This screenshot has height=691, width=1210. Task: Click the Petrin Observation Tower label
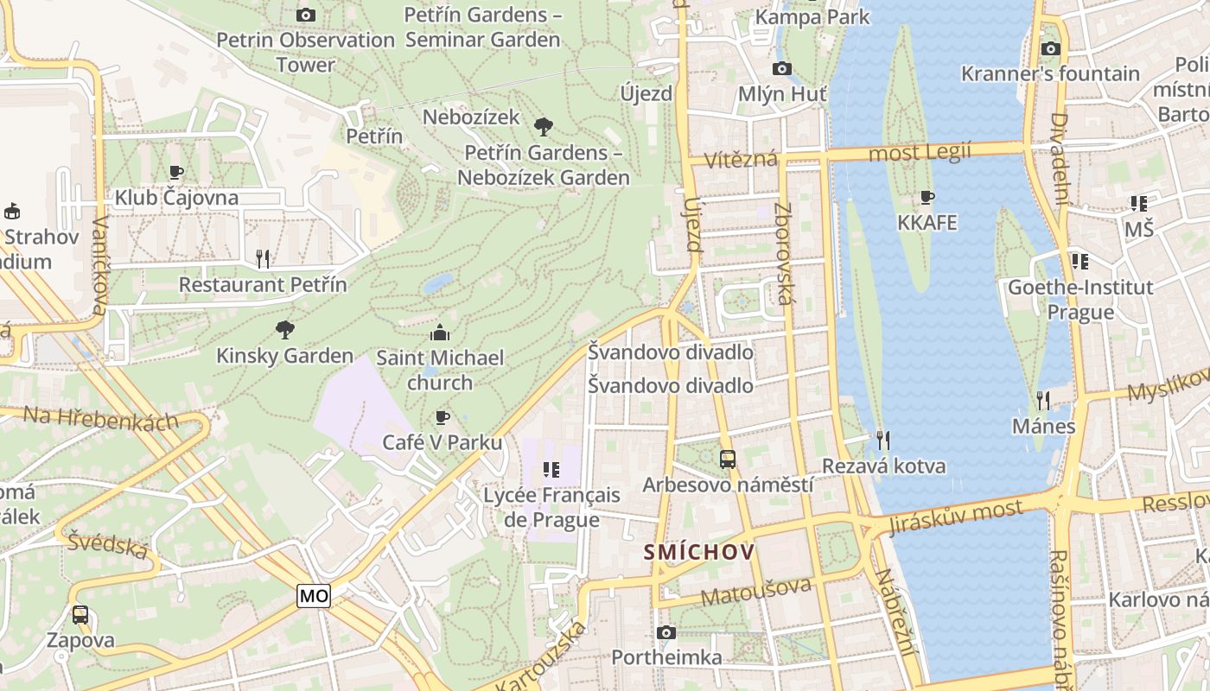pyautogui.click(x=305, y=52)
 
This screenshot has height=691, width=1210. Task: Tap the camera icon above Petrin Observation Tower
pyautogui.click(x=305, y=15)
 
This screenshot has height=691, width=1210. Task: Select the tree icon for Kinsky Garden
pyautogui.click(x=284, y=329)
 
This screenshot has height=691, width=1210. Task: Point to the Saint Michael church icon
pyautogui.click(x=440, y=333)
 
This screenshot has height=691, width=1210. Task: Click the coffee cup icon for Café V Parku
pyautogui.click(x=443, y=418)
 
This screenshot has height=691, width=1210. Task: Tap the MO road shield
pyautogui.click(x=314, y=595)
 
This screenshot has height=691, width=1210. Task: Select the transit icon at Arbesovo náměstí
pyautogui.click(x=728, y=460)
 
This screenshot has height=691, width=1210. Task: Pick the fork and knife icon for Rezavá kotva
pyautogui.click(x=882, y=441)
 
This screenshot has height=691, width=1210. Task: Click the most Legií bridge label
pyautogui.click(x=920, y=153)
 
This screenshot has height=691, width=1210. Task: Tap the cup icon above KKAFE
pyautogui.click(x=927, y=198)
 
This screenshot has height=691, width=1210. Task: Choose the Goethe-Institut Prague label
pyautogui.click(x=1080, y=299)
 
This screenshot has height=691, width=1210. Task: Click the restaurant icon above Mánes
pyautogui.click(x=1044, y=400)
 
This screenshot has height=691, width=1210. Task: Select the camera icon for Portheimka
pyautogui.click(x=665, y=632)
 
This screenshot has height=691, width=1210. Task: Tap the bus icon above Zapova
pyautogui.click(x=80, y=615)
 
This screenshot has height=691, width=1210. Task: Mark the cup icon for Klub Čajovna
pyautogui.click(x=176, y=172)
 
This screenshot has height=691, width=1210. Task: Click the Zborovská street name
pyautogui.click(x=784, y=253)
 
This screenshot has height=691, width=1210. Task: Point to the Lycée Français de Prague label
pyautogui.click(x=551, y=507)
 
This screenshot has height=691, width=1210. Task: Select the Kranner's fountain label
pyautogui.click(x=1050, y=73)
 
